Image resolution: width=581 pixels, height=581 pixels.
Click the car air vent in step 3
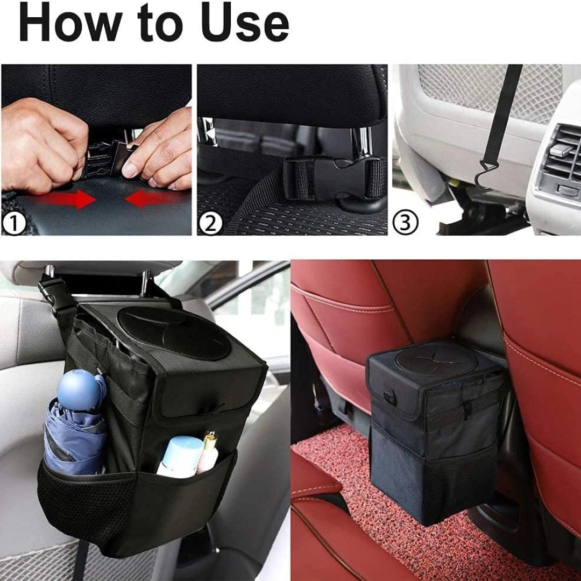(559, 156)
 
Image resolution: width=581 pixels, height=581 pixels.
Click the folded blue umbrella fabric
(73, 436)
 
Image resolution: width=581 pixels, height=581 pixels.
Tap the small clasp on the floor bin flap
(390, 398)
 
